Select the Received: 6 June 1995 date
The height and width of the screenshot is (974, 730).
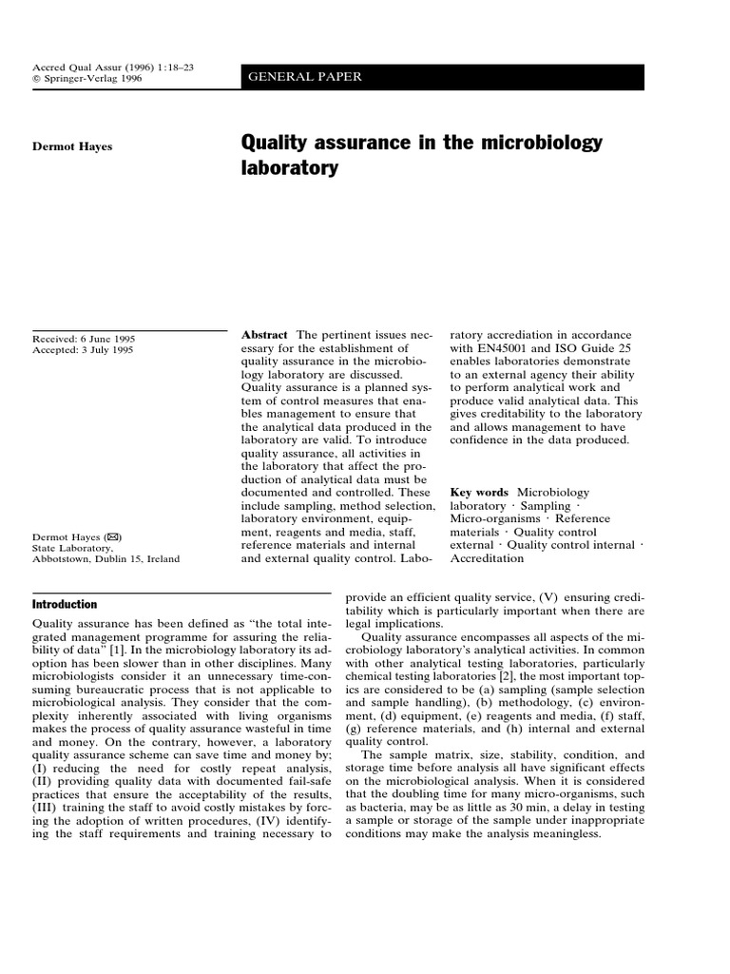tap(84, 338)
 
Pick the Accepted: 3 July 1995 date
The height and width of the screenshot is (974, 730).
tap(84, 350)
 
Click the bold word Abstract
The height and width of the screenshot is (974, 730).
tap(264, 335)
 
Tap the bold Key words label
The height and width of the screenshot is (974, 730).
tap(479, 492)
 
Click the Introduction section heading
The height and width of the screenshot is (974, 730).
tap(65, 604)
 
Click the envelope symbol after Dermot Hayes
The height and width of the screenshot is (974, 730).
tap(113, 536)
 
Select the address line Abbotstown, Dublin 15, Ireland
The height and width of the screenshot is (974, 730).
tap(106, 559)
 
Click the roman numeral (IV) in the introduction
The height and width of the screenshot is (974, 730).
tap(245, 821)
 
